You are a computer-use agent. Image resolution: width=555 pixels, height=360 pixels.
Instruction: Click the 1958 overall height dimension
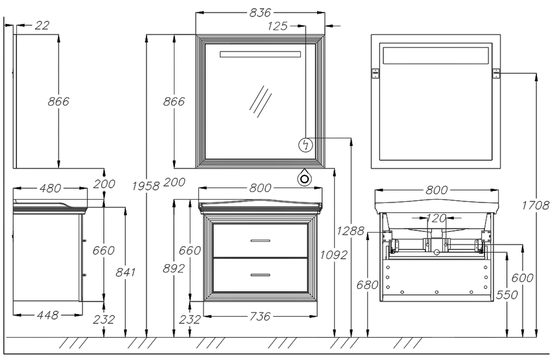[x=146, y=185]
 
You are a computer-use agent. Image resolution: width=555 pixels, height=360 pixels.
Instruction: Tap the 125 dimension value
[x=278, y=26]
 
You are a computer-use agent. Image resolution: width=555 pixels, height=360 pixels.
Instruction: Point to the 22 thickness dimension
[x=42, y=25]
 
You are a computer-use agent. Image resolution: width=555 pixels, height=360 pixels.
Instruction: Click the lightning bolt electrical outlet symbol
[x=306, y=144]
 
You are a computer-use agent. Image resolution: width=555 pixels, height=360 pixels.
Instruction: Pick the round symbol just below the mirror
[x=303, y=178]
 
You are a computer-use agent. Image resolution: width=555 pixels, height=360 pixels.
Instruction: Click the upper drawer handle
[x=260, y=241]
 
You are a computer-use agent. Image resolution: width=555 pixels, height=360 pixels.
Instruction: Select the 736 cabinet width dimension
[x=260, y=316]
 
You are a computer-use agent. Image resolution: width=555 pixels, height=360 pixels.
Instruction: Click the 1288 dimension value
[x=351, y=231]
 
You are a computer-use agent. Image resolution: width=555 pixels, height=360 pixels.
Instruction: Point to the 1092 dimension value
[x=333, y=254]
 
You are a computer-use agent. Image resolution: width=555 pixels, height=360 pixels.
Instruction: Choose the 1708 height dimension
[x=535, y=205]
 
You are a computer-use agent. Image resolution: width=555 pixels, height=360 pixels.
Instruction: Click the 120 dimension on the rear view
[x=436, y=218]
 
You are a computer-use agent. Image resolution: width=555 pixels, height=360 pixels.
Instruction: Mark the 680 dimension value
[x=367, y=285]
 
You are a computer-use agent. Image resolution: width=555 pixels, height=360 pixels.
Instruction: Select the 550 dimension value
[x=507, y=295]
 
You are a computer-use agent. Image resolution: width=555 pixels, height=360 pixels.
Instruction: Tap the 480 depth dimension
[x=50, y=189]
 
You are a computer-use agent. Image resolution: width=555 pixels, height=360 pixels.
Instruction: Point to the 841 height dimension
[x=126, y=272]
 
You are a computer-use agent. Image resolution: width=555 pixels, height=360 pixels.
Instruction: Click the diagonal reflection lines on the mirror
[x=261, y=101]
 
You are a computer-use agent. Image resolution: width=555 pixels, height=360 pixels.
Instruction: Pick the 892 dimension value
[x=174, y=268]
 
